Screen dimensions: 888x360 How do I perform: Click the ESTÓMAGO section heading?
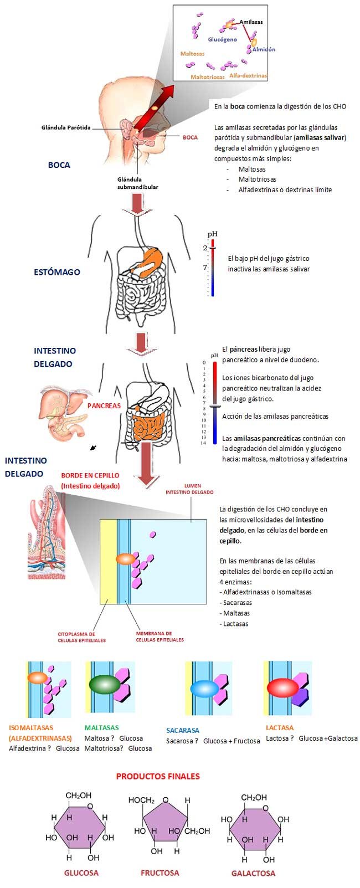tap(56, 272)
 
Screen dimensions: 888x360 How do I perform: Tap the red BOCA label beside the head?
tap(190, 137)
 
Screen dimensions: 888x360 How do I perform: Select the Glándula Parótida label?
tap(66, 127)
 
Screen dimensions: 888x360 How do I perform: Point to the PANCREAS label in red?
tap(104, 405)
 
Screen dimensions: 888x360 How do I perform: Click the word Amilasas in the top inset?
tap(251, 22)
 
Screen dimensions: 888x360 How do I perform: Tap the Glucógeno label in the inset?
tap(222, 40)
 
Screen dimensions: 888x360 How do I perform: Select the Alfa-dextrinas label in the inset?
tap(248, 75)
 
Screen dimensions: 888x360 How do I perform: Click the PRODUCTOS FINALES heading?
tap(158, 776)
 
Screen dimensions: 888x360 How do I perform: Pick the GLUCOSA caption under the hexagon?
tap(81, 872)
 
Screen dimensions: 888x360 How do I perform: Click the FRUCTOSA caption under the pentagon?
tap(160, 872)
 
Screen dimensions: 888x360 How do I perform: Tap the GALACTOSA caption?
tap(253, 873)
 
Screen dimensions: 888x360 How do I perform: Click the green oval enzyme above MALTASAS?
tap(104, 684)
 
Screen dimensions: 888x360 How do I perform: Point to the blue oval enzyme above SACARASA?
tap(205, 689)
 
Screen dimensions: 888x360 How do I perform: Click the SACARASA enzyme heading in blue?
tap(183, 730)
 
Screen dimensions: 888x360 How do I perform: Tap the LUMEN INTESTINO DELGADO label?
tap(189, 489)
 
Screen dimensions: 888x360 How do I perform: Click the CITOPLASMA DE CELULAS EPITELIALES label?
tap(81, 637)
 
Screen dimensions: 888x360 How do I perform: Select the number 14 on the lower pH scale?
tap(203, 443)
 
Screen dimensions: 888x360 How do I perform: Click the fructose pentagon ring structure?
tap(164, 824)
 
